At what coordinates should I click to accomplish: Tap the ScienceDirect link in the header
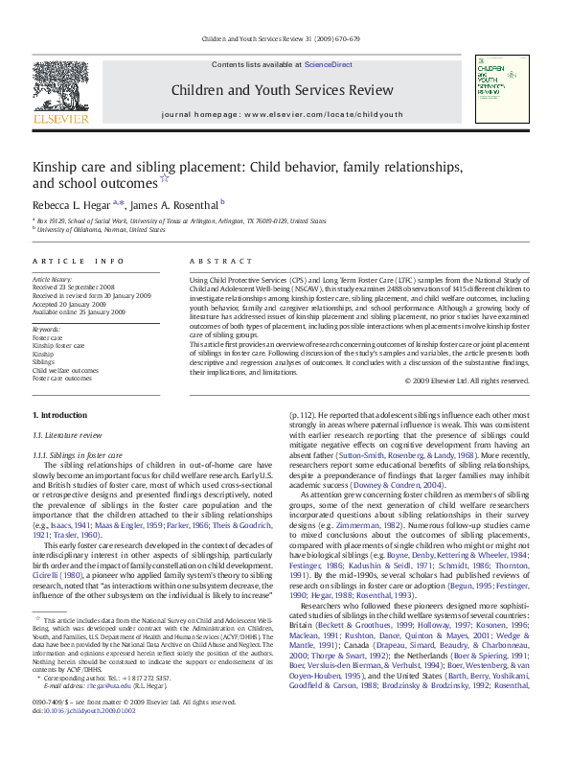click(x=328, y=64)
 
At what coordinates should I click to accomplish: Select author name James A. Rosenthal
click(x=174, y=204)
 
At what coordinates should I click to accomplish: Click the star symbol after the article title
click(x=165, y=178)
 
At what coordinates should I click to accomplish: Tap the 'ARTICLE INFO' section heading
click(x=78, y=261)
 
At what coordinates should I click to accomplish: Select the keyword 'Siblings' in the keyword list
click(x=44, y=362)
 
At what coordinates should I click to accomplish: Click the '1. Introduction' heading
click(x=59, y=414)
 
